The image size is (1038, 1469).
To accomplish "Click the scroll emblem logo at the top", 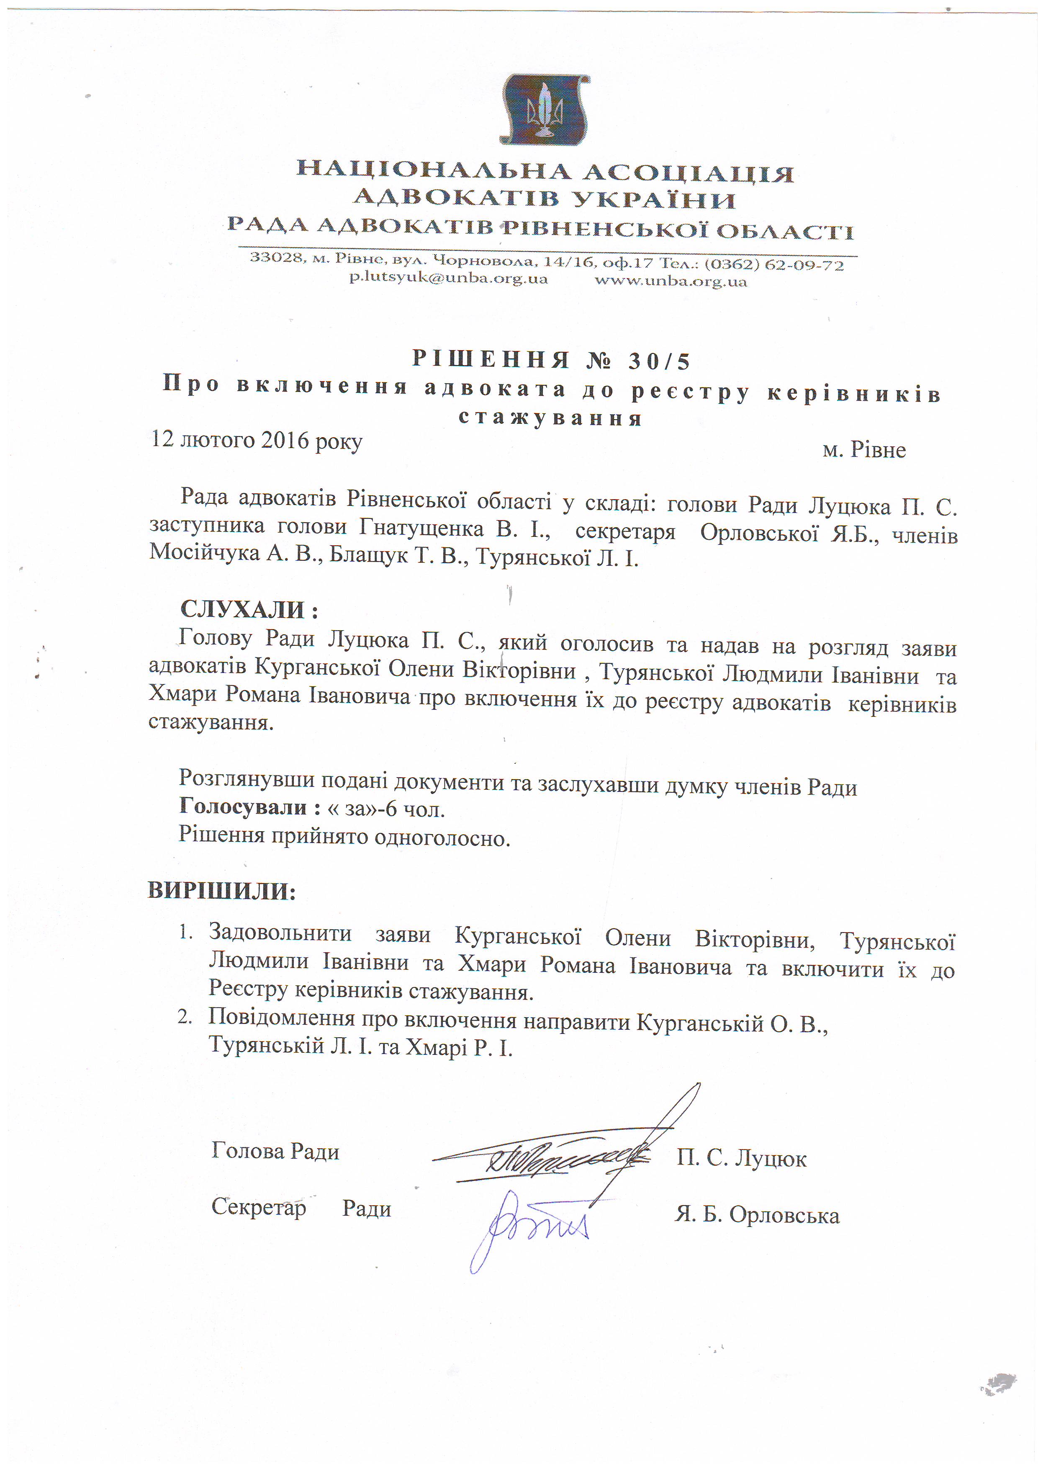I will coord(544,109).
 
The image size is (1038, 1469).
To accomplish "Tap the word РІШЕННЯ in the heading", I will coord(491,360).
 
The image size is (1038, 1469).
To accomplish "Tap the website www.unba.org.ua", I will coord(670,281).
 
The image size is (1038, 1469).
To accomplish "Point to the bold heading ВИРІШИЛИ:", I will coord(222,891).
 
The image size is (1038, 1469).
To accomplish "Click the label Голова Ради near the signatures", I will coord(275,1152).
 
